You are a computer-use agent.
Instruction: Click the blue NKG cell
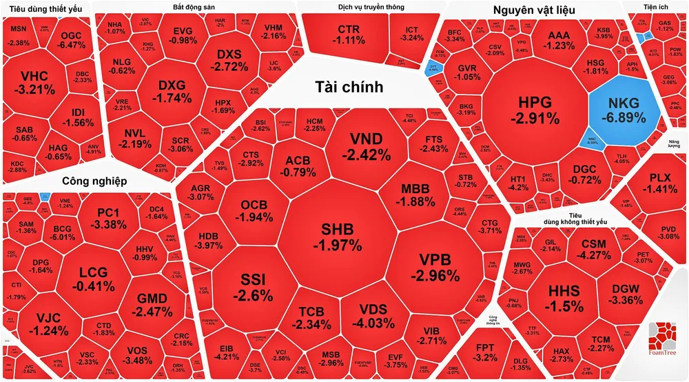tap(624, 110)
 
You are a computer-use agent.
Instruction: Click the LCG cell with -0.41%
tap(93, 279)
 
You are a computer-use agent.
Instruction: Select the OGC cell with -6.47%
tap(72, 39)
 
